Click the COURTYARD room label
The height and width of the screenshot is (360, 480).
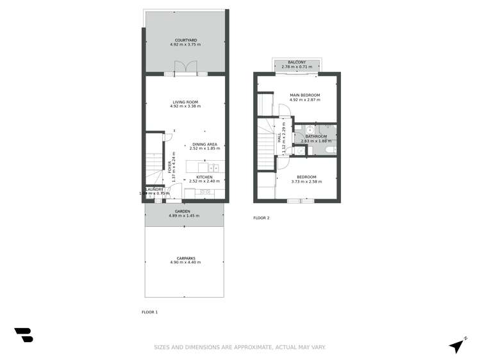(x=185, y=41)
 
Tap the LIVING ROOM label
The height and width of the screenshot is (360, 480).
(x=185, y=102)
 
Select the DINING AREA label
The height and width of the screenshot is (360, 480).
(x=204, y=145)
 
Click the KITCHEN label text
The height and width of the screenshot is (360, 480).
(x=204, y=177)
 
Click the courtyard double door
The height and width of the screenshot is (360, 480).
(x=185, y=67)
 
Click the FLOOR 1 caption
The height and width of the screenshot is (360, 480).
(x=149, y=312)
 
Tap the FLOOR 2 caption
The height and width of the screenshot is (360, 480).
(x=261, y=218)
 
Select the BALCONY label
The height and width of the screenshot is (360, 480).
(x=296, y=62)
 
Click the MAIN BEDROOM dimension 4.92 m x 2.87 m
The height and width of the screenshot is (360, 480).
(x=304, y=100)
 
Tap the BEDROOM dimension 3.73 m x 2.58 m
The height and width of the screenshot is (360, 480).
(x=306, y=181)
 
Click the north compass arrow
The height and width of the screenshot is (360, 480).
(x=457, y=345)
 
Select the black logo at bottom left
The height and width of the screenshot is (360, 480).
(x=24, y=334)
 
